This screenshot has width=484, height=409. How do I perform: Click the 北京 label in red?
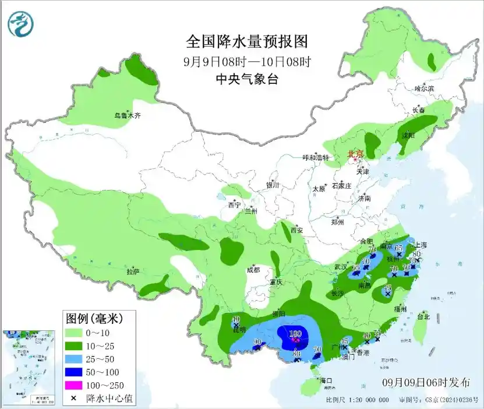click(x=355, y=154)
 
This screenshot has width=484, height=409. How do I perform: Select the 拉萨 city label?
click(x=133, y=272)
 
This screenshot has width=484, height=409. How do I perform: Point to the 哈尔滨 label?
click(x=424, y=89)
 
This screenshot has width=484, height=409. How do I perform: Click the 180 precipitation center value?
click(x=295, y=334)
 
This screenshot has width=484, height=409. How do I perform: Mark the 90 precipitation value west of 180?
click(x=257, y=342)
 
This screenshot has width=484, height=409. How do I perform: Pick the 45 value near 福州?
click(x=387, y=288)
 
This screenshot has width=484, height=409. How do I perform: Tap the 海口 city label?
click(x=326, y=380)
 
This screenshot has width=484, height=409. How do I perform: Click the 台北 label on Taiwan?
click(x=423, y=317)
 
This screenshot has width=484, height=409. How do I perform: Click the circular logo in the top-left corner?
click(x=20, y=24)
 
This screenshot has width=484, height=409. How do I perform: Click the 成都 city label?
click(x=252, y=270)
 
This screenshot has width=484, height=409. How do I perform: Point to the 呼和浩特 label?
click(x=316, y=158)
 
